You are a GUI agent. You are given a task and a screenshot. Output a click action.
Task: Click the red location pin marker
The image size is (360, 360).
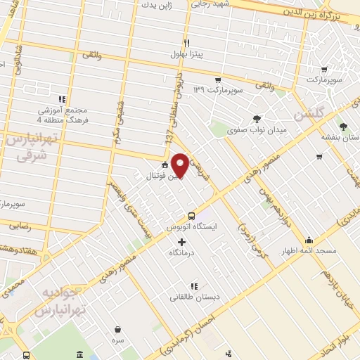pyautogui.click(x=181, y=165)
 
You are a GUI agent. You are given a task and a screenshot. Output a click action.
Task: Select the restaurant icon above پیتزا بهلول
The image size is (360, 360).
pyautogui.click(x=186, y=42)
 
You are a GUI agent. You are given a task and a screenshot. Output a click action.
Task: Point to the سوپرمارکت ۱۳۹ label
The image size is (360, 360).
pyautogui.click(x=217, y=91)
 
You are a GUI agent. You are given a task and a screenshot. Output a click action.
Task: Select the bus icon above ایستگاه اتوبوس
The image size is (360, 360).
pyautogui.click(x=191, y=216)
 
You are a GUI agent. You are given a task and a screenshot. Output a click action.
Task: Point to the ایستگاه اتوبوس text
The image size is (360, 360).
pyautogui.click(x=191, y=228)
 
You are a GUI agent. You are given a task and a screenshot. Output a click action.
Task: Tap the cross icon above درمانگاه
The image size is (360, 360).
pyautogui.click(x=182, y=242)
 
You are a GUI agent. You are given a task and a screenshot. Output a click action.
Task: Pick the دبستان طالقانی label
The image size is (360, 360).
pyautogui.click(x=195, y=297)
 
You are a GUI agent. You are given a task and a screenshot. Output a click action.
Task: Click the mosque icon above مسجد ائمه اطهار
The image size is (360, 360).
pyautogui.click(x=309, y=239)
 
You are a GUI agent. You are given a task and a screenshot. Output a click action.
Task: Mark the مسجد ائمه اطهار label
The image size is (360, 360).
pyautogui.click(x=309, y=251)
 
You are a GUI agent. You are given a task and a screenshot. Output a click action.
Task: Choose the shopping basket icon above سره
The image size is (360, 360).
pyautogui.click(x=117, y=328)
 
